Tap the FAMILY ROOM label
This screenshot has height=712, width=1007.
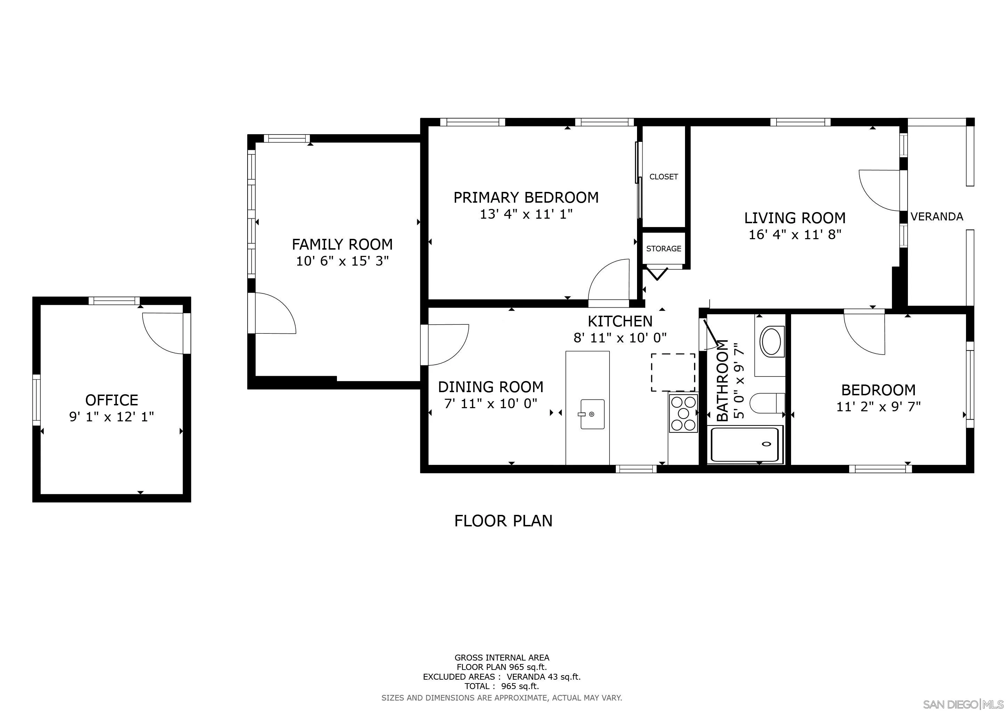point(342,244)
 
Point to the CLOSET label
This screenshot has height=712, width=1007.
point(663,177)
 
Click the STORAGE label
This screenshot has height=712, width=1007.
point(663,249)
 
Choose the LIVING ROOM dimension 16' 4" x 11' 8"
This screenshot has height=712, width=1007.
point(795,235)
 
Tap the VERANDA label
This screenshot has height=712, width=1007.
point(937,217)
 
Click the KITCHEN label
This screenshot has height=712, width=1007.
point(620,321)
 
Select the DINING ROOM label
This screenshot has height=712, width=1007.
point(491,387)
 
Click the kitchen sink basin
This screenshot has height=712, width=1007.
point(592,414)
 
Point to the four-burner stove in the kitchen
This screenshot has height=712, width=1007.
point(683,413)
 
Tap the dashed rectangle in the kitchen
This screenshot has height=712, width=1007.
point(673,372)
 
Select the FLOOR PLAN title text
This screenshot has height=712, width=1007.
point(503,521)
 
